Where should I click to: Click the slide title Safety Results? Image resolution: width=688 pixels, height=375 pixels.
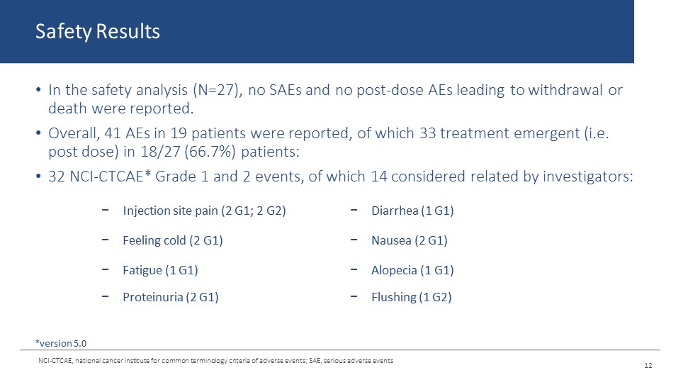(97, 32)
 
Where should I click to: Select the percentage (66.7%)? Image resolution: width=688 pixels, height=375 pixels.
(210, 152)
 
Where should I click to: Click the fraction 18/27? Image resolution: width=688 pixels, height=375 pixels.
(161, 152)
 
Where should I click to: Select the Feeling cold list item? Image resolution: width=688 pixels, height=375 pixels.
(173, 240)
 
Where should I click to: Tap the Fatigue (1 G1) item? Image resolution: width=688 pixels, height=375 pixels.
(160, 270)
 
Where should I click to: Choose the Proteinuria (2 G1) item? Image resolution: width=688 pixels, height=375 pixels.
(171, 297)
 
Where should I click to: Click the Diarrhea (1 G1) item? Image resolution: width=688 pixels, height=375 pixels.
(412, 211)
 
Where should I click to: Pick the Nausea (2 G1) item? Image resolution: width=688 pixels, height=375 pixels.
(410, 240)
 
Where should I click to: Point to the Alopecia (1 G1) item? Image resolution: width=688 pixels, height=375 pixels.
(412, 270)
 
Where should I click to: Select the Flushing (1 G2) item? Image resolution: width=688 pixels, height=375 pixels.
(412, 297)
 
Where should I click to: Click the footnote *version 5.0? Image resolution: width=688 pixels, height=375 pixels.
(61, 343)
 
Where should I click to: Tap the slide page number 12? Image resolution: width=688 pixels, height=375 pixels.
(648, 365)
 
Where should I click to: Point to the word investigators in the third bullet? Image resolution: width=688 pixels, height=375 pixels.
(588, 177)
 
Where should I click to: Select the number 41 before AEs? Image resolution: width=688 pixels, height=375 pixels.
(113, 133)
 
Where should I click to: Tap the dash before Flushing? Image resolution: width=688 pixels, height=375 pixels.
(354, 297)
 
